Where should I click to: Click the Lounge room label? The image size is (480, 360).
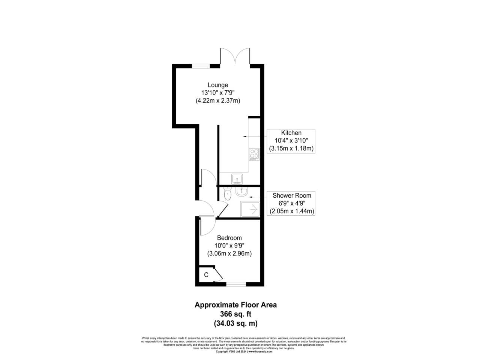click(218, 85)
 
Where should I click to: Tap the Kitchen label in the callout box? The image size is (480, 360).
click(291, 133)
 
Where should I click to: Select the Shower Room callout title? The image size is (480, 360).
click(292, 195)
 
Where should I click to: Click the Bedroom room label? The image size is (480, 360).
click(229, 238)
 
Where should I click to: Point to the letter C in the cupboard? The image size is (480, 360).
click(206, 275)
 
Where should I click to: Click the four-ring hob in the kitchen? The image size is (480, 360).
click(254, 154)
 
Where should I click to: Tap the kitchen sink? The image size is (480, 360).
click(237, 178)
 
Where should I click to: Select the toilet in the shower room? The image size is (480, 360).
click(226, 195)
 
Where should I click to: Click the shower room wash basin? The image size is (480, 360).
click(242, 192)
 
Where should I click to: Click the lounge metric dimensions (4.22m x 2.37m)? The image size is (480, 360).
click(218, 100)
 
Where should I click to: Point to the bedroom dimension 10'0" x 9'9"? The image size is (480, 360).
click(229, 246)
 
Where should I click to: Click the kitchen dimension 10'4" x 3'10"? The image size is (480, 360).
click(291, 141)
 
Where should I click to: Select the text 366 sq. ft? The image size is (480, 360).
click(235, 314)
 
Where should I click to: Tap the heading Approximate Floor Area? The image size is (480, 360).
click(235, 305)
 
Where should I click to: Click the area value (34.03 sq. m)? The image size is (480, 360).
click(235, 323)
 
